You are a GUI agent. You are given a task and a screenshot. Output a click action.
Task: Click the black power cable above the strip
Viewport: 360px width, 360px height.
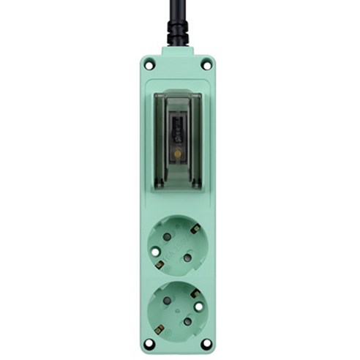178,10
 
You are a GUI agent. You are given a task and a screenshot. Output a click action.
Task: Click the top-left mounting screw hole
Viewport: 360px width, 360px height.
149,65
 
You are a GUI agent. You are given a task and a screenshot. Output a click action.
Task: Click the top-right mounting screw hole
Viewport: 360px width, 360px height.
206,65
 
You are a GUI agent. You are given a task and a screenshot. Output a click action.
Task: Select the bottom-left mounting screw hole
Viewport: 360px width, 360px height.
149,343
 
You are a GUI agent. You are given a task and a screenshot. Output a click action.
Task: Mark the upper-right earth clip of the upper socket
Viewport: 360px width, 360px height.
196,229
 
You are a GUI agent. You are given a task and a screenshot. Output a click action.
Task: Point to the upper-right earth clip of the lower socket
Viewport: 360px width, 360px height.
196,292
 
